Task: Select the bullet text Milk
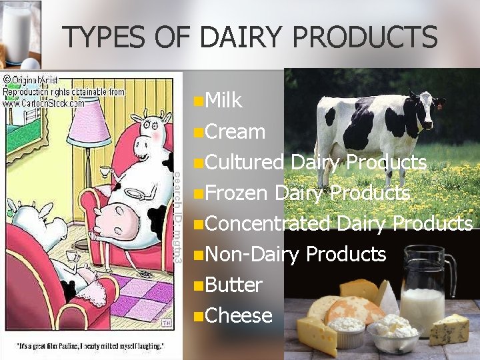click(x=224, y=101)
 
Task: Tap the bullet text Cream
click(x=235, y=131)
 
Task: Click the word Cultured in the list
click(x=245, y=162)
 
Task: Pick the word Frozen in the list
click(x=236, y=193)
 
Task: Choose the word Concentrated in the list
click(x=268, y=223)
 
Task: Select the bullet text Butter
click(x=233, y=285)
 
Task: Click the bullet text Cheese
click(x=239, y=315)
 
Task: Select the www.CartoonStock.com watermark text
click(x=44, y=103)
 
